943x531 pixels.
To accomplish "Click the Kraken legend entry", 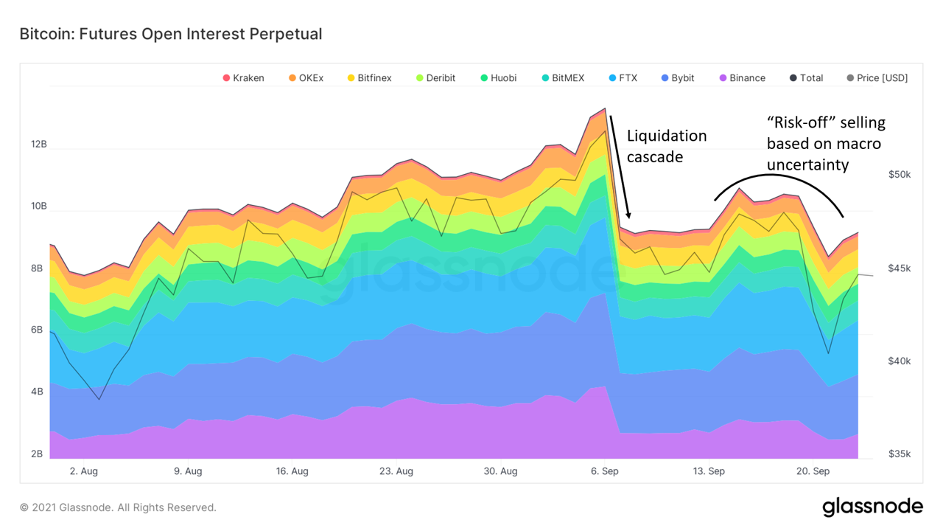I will (243, 78).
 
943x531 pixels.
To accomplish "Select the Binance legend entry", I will (743, 78).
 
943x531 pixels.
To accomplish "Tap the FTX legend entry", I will (623, 78).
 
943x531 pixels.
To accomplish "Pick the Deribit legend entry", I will (435, 78).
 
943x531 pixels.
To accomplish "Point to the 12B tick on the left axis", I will (38, 145).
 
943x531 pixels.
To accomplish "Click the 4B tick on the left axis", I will (37, 392).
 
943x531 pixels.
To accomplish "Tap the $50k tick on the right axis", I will (899, 175).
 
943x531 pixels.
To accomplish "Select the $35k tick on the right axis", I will (899, 454).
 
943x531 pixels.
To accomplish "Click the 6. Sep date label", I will (604, 471).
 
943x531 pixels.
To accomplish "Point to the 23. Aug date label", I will (396, 471).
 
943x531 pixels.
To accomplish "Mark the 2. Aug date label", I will (84, 471).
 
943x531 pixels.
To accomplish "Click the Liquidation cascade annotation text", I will (666, 146).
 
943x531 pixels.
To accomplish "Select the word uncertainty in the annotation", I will (807, 164).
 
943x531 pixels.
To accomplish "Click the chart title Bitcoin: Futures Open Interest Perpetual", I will (171, 34).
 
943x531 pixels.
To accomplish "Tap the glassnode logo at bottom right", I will (872, 507).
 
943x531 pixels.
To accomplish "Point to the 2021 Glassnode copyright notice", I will (118, 507).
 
